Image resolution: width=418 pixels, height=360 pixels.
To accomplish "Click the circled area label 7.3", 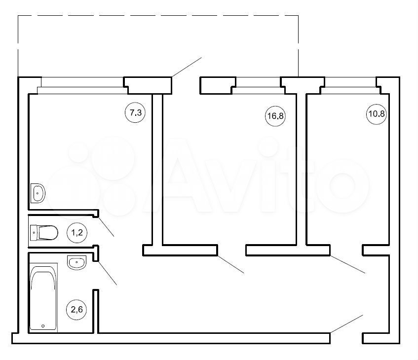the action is (x=135, y=113).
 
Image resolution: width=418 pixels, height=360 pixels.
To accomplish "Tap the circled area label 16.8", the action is (x=275, y=116).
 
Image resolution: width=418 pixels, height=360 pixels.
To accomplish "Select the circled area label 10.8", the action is (x=377, y=114).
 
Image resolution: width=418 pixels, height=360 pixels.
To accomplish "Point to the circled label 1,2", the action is (x=77, y=233).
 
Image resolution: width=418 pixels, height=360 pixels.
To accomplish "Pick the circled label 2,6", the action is (x=76, y=309).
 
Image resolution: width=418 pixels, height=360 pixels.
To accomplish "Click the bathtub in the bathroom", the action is (x=43, y=297).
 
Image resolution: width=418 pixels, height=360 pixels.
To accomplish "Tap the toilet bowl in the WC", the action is (x=48, y=233).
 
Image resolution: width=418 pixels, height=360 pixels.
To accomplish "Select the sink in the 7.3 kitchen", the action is (x=38, y=193).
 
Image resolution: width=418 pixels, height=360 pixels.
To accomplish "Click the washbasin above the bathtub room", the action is (x=77, y=262).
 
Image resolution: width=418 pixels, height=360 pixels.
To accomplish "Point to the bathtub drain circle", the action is (x=43, y=325).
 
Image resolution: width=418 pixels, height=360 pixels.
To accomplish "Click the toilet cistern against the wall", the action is (x=34, y=233).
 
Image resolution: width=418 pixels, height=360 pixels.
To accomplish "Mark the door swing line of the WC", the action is (x=106, y=227).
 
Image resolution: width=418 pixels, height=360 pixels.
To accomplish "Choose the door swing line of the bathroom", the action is (x=108, y=273).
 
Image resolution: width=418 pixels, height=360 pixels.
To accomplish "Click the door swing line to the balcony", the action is (x=187, y=67).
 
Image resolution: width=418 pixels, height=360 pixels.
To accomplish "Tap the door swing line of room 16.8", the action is (x=231, y=264).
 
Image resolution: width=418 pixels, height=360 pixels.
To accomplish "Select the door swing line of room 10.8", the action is (x=347, y=264).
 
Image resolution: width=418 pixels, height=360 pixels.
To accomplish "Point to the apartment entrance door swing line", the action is (x=346, y=324).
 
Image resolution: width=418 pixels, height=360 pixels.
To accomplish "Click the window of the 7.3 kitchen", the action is (x=82, y=85).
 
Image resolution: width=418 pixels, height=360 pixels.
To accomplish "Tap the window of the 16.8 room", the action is (x=258, y=85).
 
